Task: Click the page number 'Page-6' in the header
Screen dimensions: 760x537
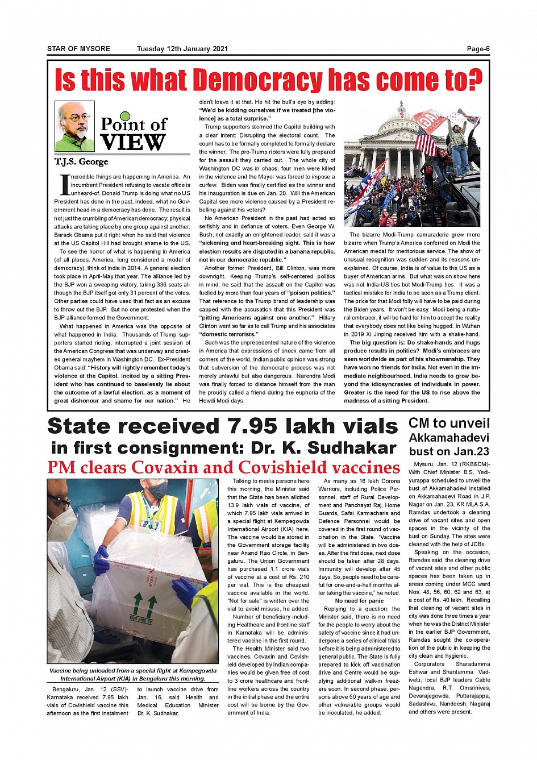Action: click(478, 49)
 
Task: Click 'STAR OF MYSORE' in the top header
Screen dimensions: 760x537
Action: click(78, 49)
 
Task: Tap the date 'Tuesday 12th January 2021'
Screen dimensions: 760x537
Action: click(182, 49)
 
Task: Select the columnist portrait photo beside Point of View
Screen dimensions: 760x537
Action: click(74, 126)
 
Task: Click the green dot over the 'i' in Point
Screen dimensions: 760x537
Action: click(126, 117)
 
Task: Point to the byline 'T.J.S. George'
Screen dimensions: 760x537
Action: click(81, 162)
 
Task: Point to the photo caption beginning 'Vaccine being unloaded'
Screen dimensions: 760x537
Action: click(132, 674)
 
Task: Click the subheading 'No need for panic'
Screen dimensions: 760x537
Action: click(359, 601)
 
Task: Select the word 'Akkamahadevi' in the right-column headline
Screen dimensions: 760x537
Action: click(449, 438)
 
